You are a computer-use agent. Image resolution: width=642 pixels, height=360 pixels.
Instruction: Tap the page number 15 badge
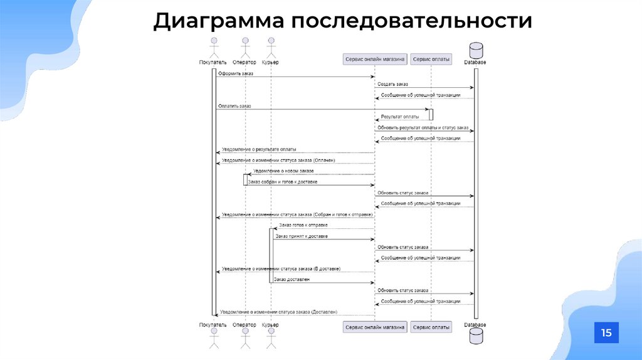606,332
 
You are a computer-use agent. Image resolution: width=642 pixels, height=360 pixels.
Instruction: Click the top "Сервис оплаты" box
431,59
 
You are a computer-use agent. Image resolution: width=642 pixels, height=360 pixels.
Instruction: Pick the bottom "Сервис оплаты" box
431,327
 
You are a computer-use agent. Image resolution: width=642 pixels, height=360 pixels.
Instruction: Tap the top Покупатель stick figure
213,48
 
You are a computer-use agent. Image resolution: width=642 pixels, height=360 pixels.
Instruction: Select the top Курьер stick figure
270,48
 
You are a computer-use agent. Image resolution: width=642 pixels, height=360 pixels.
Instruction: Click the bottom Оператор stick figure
245,339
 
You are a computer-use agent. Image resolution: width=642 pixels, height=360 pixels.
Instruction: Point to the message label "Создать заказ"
392,84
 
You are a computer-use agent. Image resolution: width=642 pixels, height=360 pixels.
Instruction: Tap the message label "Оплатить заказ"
234,106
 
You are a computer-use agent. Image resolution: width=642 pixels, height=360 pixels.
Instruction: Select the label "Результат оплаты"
400,117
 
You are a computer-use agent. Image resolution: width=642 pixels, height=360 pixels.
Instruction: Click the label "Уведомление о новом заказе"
283,171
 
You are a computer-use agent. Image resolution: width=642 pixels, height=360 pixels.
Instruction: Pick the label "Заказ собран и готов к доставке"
283,182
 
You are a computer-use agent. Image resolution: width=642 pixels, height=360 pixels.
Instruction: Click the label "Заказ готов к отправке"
303,225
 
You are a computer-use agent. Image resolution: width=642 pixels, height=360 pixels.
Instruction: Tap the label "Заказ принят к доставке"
302,236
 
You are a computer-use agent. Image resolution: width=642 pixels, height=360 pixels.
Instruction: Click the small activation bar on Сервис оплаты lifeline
431,114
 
